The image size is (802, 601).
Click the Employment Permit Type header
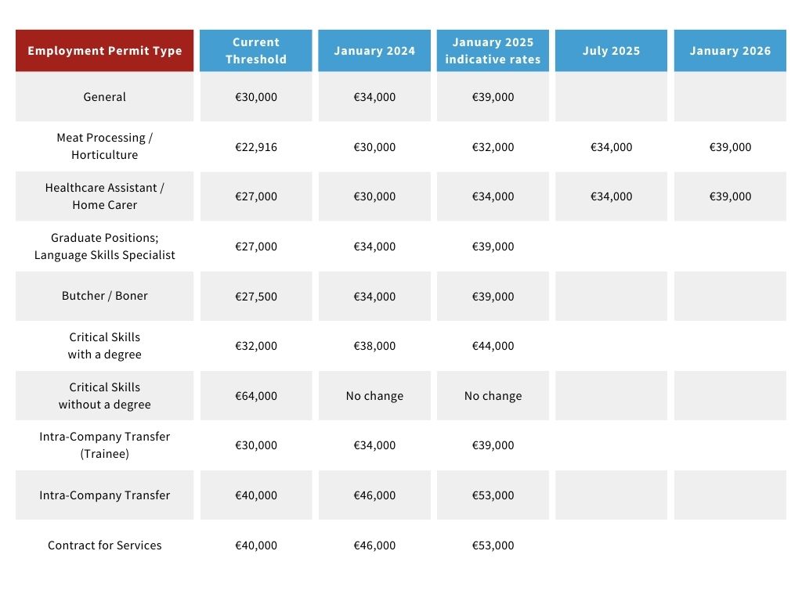click(x=104, y=51)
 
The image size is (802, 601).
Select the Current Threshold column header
click(x=255, y=51)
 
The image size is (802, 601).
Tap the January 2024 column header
click(x=374, y=51)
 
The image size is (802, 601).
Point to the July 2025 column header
click(x=611, y=51)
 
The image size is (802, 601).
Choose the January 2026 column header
click(x=730, y=51)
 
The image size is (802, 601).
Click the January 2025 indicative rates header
click(x=493, y=51)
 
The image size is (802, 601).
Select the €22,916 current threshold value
click(x=255, y=147)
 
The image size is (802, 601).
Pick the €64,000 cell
click(x=255, y=396)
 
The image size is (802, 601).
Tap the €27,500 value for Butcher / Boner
click(x=255, y=297)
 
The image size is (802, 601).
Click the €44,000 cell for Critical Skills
click(x=493, y=346)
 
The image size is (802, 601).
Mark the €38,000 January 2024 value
click(x=374, y=346)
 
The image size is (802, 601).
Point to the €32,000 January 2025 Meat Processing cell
click(x=493, y=147)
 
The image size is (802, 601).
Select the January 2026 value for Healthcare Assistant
click(x=730, y=196)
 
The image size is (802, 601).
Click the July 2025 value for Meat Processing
click(x=611, y=147)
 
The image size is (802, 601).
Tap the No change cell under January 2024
click(x=374, y=396)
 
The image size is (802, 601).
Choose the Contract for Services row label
click(x=104, y=545)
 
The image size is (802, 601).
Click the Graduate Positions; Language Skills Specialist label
click(x=104, y=247)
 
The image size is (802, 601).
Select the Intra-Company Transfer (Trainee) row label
click(x=104, y=445)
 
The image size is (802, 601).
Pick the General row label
click(x=104, y=97)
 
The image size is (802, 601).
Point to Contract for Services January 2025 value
click(x=493, y=545)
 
